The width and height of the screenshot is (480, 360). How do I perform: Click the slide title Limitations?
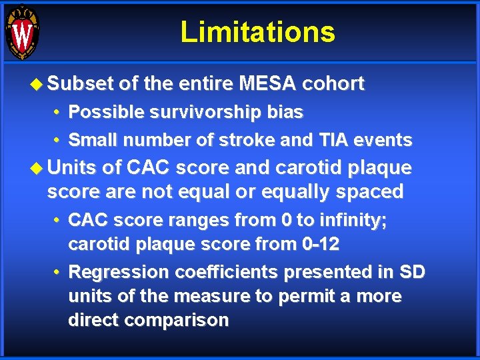point(257,32)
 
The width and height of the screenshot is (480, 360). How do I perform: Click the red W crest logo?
point(22,32)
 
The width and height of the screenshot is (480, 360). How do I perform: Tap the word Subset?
point(80,84)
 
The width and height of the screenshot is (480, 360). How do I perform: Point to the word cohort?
point(333,84)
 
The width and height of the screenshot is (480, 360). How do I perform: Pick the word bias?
point(287,113)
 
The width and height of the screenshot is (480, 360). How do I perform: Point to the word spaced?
point(370,193)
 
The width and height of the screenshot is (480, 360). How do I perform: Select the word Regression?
point(119,273)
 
